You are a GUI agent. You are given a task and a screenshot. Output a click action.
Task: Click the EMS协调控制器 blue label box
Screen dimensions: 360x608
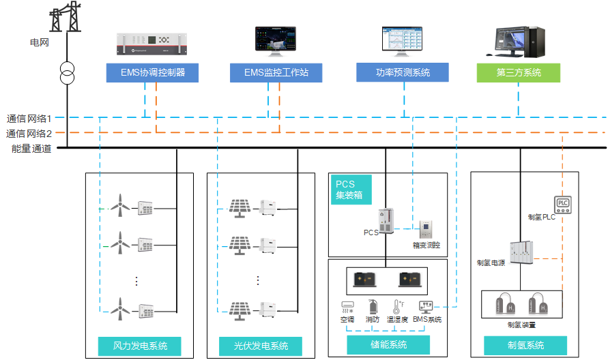[152, 73]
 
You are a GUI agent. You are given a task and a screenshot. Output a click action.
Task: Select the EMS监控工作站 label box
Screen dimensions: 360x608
[276, 73]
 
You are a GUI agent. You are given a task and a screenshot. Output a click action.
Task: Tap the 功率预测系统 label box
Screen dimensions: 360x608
[403, 72]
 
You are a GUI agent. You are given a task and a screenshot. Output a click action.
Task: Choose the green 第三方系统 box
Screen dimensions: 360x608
[518, 72]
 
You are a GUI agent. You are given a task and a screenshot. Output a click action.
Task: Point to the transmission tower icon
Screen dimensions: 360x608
[67, 17]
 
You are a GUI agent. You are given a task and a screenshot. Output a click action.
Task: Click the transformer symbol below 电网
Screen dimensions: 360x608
[67, 73]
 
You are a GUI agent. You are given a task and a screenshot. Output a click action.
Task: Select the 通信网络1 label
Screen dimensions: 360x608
[29, 118]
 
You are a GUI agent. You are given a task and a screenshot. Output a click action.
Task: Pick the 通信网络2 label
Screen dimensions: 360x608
[29, 133]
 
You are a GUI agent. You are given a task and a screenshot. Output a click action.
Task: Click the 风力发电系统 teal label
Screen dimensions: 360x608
[140, 346]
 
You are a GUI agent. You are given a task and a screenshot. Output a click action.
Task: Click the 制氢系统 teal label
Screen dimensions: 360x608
[525, 345]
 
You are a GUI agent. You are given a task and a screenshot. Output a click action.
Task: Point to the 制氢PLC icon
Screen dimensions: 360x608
[563, 203]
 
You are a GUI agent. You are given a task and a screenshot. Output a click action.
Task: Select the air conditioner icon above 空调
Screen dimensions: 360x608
[347, 307]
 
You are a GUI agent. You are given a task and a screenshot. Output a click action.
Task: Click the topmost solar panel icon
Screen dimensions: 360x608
[240, 206]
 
